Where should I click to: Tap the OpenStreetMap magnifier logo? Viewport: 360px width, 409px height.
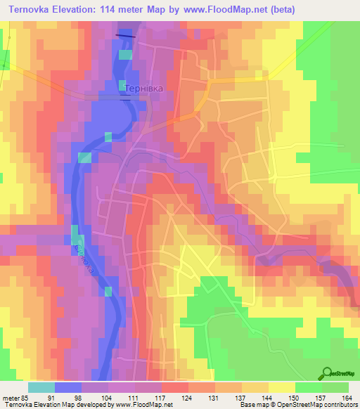(327, 374)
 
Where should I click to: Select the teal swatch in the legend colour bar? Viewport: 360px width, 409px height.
(41, 387)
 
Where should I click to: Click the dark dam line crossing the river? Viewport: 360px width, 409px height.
(124, 35)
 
